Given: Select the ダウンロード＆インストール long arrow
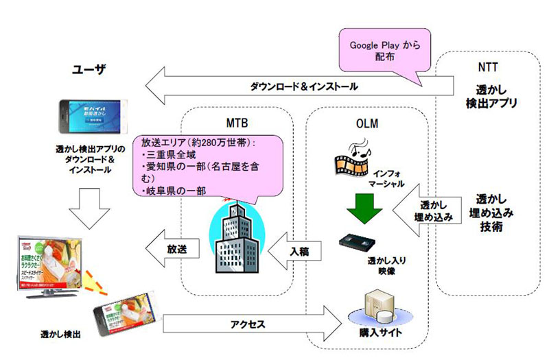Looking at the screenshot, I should click(302, 87).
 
